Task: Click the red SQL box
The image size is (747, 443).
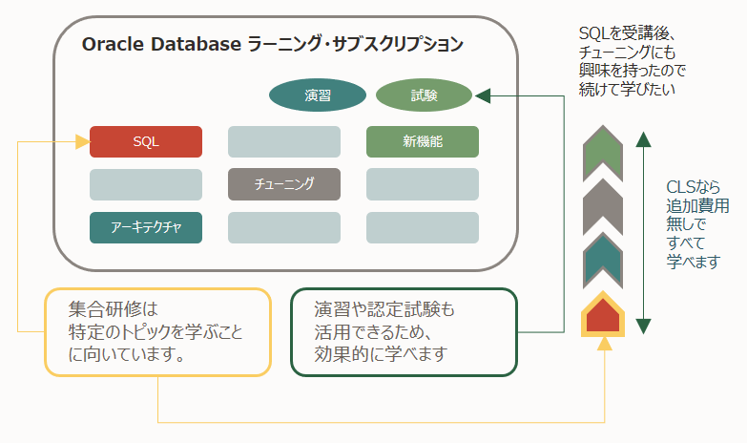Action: [x=146, y=141]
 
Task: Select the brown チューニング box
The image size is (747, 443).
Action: [x=284, y=184]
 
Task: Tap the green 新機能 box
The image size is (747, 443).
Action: [x=422, y=141]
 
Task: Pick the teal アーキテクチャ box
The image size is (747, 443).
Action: [x=146, y=227]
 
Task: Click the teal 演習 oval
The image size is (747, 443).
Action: [x=318, y=95]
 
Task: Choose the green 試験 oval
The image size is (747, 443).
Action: [x=424, y=95]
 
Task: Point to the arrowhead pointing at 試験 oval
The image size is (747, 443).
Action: [x=481, y=95]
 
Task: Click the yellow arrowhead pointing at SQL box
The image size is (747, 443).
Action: [x=82, y=141]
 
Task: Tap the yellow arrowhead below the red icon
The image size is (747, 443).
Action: [x=603, y=343]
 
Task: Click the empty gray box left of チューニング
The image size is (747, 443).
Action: [x=146, y=184]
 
